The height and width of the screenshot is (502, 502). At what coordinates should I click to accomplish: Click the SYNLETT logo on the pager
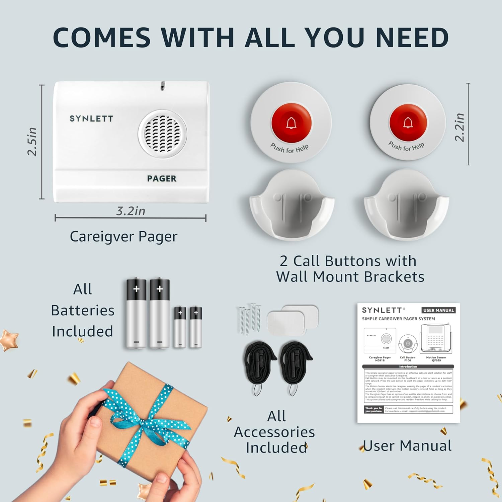click(91, 119)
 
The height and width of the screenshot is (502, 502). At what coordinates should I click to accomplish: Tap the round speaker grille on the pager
click(162, 133)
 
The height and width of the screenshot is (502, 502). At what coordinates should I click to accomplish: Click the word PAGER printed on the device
click(162, 179)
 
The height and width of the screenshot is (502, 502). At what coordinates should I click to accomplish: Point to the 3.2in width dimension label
click(131, 211)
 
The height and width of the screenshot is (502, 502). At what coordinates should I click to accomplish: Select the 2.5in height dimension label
click(32, 142)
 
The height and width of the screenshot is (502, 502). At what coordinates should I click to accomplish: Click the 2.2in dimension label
click(460, 127)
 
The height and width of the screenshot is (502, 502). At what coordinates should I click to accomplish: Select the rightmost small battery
click(196, 327)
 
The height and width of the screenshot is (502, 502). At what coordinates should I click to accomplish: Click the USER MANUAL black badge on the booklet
click(438, 310)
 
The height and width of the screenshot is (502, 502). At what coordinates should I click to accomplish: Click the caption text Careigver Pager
click(123, 237)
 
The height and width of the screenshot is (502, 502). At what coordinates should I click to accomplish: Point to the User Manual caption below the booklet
click(407, 446)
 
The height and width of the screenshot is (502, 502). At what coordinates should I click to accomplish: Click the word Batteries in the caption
click(83, 310)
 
